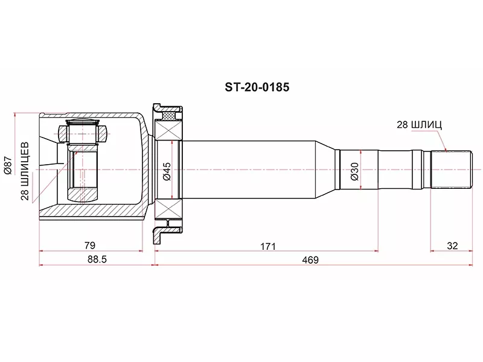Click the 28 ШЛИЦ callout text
pos(419,125)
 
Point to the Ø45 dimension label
pos(167,170)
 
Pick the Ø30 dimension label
pos(354,170)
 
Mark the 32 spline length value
pos(451,246)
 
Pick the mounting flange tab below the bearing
pos(160,234)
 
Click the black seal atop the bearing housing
pos(169,112)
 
